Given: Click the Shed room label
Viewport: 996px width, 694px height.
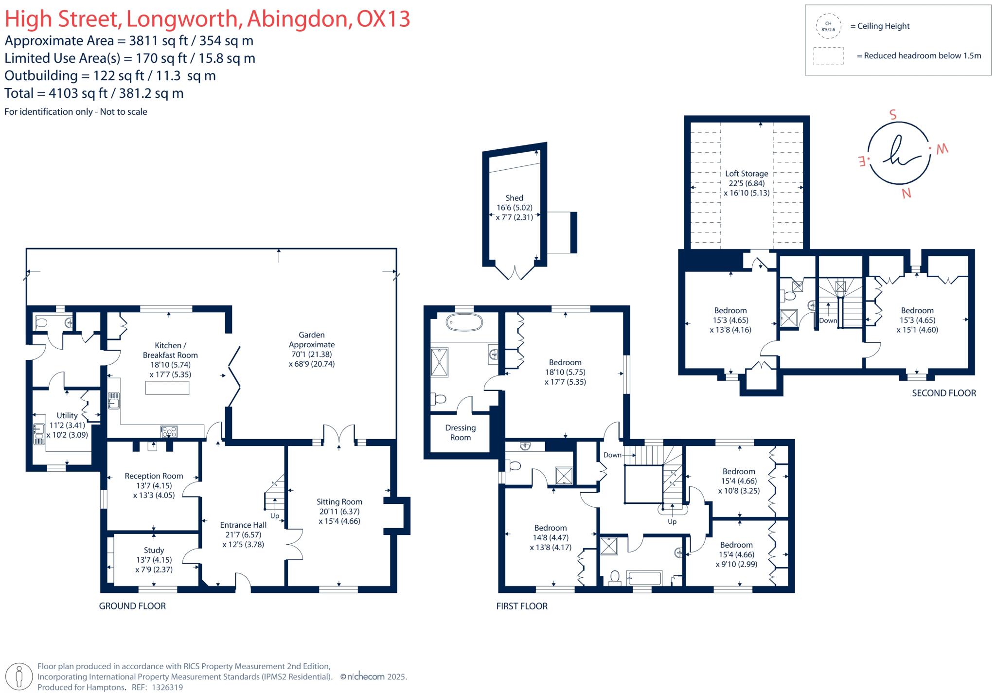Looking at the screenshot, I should point(514,198).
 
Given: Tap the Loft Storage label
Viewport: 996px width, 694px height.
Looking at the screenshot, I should point(747,174).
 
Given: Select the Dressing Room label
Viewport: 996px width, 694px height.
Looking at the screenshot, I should point(460,432).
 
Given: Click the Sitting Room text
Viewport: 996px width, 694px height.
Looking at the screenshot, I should point(339,502).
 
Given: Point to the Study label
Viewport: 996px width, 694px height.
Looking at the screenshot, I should point(154,551).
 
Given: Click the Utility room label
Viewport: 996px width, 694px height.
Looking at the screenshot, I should point(67,415).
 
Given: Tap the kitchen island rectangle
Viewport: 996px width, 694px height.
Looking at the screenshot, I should point(167,388).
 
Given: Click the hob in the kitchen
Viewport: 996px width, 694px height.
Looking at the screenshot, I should point(169,431).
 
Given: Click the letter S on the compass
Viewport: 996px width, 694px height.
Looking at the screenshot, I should point(892,115).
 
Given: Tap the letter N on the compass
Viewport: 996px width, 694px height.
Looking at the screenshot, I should point(906,194).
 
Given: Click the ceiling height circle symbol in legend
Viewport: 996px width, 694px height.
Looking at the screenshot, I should point(828,26).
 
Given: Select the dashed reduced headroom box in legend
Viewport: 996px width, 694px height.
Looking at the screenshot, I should point(828,56).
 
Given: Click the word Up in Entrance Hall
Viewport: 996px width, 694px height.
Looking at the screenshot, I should point(275,516).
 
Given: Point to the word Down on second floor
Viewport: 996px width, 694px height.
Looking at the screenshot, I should point(828,320).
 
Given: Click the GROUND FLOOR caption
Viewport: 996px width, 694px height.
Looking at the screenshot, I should point(132,606).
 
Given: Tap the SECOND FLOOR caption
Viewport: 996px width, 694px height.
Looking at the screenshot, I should point(943,393).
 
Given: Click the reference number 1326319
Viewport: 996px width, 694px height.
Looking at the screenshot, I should point(167,687).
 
